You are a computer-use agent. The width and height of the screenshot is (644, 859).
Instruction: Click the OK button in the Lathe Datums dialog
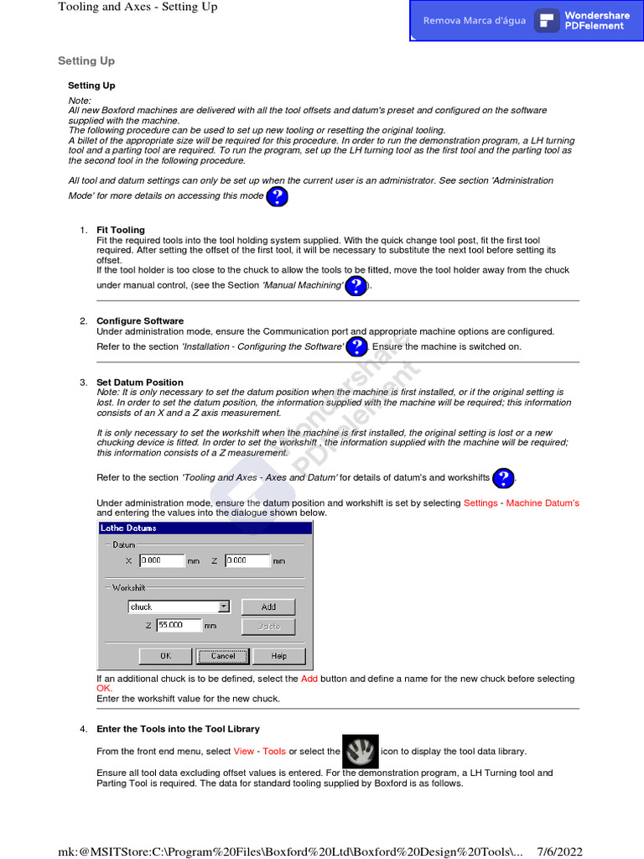(x=165, y=656)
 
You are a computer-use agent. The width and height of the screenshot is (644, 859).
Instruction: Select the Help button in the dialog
(x=278, y=656)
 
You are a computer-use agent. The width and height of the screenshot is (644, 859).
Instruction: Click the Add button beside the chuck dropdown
(x=268, y=607)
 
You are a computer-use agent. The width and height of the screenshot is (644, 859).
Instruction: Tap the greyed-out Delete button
(x=268, y=626)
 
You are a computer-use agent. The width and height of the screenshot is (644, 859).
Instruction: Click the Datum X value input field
(x=161, y=560)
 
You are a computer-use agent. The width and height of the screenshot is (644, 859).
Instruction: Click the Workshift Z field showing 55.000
(x=179, y=625)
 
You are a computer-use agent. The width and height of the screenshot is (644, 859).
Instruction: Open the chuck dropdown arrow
(x=224, y=607)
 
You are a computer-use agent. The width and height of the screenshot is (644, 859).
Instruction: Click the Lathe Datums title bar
(x=205, y=528)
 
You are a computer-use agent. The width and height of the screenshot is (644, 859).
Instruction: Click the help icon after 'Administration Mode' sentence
(x=278, y=197)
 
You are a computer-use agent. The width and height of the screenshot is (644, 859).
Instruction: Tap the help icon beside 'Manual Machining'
(x=356, y=286)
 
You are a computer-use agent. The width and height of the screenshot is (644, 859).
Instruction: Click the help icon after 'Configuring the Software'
(x=357, y=346)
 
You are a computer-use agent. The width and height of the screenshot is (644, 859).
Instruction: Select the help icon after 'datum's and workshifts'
(x=503, y=478)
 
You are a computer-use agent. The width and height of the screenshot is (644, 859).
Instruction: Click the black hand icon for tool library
(x=361, y=752)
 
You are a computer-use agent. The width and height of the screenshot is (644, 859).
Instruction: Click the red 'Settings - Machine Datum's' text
(x=521, y=503)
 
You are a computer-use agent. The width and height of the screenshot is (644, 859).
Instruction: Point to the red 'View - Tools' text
(x=260, y=752)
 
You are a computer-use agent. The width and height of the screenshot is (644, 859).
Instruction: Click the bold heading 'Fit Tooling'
(x=121, y=230)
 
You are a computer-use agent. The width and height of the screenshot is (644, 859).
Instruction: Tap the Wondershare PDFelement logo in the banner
(x=547, y=21)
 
